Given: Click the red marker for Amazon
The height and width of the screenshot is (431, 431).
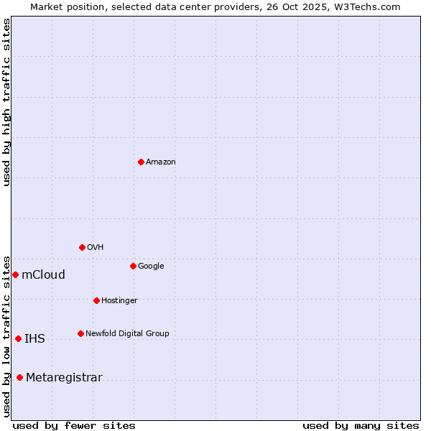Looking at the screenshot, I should pyautogui.click(x=141, y=162).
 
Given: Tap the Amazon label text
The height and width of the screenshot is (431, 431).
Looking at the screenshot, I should pyautogui.click(x=161, y=162).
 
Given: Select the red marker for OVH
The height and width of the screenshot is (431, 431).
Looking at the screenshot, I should pyautogui.click(x=82, y=247).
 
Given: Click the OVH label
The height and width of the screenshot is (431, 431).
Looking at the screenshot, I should pyautogui.click(x=96, y=248).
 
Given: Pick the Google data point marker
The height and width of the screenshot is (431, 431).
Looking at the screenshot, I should pyautogui.click(x=133, y=266).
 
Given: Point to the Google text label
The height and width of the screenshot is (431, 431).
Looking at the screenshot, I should pyautogui.click(x=151, y=267).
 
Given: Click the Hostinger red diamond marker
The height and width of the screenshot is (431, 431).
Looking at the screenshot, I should pyautogui.click(x=96, y=300).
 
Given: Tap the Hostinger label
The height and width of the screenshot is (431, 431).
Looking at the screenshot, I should pyautogui.click(x=119, y=301).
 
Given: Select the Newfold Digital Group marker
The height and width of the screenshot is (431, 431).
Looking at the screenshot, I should pyautogui.click(x=80, y=333).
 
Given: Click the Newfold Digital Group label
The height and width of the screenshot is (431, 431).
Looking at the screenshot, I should pyautogui.click(x=127, y=334).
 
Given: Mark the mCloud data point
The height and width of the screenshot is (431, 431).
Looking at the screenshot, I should pyautogui.click(x=15, y=274).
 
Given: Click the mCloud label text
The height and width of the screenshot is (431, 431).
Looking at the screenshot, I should pyautogui.click(x=43, y=275).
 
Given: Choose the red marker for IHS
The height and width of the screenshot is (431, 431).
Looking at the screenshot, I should pyautogui.click(x=18, y=338).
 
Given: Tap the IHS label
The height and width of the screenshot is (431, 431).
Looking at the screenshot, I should pyautogui.click(x=34, y=339).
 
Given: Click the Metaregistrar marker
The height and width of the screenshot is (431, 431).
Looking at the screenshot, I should pyautogui.click(x=19, y=377).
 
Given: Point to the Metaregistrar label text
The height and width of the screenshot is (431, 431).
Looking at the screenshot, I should pyautogui.click(x=64, y=378).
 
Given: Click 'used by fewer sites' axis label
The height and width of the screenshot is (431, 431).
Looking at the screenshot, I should pyautogui.click(x=74, y=425).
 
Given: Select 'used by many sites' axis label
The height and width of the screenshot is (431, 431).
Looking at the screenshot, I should pyautogui.click(x=361, y=425).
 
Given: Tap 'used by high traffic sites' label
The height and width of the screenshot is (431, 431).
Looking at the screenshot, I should pyautogui.click(x=6, y=102).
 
